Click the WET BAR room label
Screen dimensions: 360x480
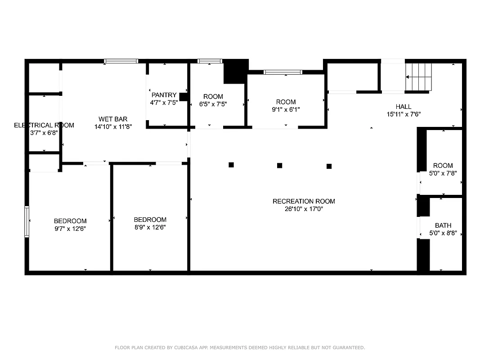coord(113,119)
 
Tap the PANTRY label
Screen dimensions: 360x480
coord(164,95)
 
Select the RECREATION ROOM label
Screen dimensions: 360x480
coord(304,201)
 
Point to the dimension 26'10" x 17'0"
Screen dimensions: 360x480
coord(304,209)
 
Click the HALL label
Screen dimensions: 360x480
coord(404,107)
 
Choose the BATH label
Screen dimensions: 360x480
coord(443,225)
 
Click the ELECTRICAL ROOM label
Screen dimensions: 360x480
coord(44,125)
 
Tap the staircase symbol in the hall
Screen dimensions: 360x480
coord(419,77)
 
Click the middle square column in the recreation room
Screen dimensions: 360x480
coord(279,166)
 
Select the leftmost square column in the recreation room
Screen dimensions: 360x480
coord(231,165)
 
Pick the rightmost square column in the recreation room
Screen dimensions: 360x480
coord(329,166)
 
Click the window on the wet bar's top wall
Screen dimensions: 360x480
coord(121,61)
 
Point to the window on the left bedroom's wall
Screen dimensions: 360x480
coord(27,221)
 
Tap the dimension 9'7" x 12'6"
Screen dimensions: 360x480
coord(70,229)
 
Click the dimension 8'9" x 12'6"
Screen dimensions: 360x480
coord(150,227)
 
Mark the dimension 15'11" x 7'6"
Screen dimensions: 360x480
coord(404,114)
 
